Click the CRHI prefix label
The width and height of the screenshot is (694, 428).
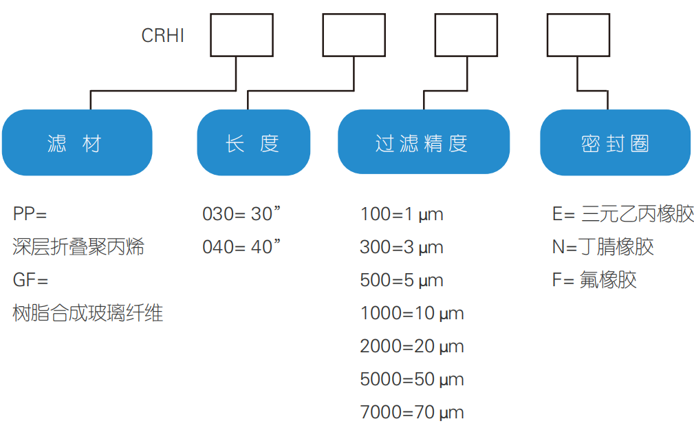pos(162,36)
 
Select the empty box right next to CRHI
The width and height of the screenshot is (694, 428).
pos(241,35)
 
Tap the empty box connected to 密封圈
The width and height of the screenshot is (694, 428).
pos(578,35)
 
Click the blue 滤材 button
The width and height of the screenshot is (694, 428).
pos(76,143)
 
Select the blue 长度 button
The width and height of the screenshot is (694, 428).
pos(253,143)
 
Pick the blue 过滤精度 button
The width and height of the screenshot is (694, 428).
pos(423,143)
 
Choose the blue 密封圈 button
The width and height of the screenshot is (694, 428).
pos(615,143)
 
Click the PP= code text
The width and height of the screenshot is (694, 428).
pos(30,214)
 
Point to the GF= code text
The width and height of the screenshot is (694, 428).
pos(30,280)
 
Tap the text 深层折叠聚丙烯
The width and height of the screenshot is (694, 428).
pos(78,247)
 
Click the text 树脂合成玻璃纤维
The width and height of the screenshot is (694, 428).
pos(88,313)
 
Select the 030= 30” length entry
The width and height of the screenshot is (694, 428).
pos(241,214)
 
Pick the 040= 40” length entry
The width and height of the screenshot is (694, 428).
pos(241,247)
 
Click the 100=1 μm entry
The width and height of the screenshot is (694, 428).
pos(402,214)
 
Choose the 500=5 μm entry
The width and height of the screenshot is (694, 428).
pos(402,280)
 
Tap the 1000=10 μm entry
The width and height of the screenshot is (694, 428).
pos(412,313)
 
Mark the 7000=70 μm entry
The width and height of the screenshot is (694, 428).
pos(412,412)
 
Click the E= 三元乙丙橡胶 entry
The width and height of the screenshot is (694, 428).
pos(623,214)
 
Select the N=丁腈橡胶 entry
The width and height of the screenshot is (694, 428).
pos(603,247)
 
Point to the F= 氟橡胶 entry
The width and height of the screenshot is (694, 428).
pos(594,280)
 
